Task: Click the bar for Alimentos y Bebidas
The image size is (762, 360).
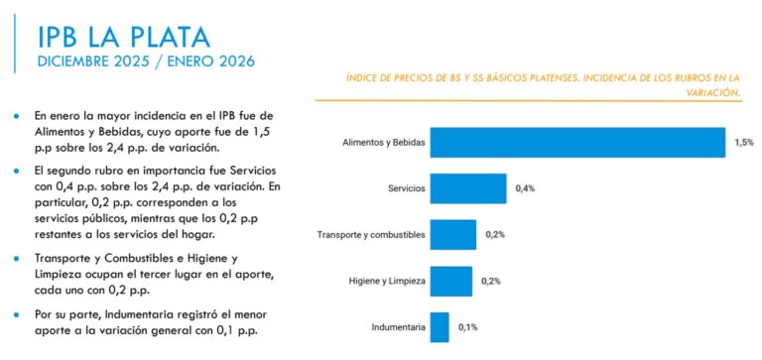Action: [577, 142]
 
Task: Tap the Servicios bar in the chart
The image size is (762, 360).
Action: [468, 188]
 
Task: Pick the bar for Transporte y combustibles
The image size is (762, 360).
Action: [452, 235]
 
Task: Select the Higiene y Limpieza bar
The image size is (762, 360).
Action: [451, 282]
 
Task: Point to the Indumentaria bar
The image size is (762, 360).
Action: [440, 326]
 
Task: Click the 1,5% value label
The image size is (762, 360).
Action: [744, 142]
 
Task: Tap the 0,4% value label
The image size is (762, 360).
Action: [526, 188]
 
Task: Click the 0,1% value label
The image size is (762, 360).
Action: [468, 326]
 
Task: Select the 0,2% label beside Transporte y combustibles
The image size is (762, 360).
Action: [495, 235]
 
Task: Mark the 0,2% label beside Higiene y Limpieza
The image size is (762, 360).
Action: [491, 282]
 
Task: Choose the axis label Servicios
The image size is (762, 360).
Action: [407, 188]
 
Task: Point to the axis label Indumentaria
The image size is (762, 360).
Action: [398, 326]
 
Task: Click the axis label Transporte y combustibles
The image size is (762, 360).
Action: [371, 235]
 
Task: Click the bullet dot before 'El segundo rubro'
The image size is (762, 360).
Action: [17, 171]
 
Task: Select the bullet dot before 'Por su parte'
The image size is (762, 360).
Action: [17, 314]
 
